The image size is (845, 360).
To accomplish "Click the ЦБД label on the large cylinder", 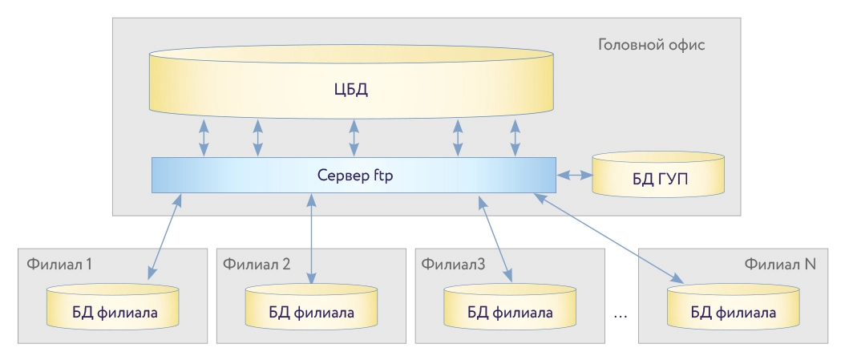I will pos(350,88).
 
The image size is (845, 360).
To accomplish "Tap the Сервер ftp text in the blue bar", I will pos(353,174).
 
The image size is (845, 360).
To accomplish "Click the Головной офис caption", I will pos(651,44).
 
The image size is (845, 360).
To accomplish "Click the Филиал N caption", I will pos(779,263).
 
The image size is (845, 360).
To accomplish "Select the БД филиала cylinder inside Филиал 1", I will pos(112,309).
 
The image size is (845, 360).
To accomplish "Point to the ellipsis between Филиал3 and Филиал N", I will pos(620,314).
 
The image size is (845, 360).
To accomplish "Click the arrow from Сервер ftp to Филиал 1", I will pos(163,237).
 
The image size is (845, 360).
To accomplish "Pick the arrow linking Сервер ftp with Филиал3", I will pos(495,238).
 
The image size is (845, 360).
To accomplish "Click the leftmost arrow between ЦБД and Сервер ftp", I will pos(204,137).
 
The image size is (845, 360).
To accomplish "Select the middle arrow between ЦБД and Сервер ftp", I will pos(354,137).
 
